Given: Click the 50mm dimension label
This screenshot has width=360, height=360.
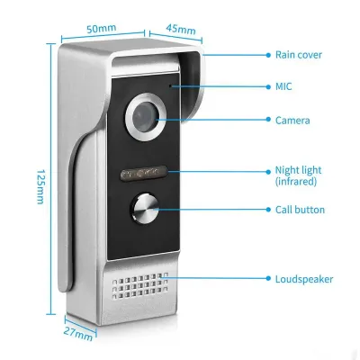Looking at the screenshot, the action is (102, 29).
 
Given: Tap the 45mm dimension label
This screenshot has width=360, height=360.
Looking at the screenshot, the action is (181, 29).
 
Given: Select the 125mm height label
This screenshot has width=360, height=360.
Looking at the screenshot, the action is (40, 187).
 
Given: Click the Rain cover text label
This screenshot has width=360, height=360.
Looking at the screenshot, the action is (299, 55).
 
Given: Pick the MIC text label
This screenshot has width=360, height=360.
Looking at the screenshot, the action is (283, 86).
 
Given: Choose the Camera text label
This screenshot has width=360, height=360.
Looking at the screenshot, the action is (292, 121).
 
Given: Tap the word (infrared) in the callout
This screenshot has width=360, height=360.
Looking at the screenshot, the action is (296, 182).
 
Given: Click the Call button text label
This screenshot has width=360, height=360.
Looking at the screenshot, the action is (300, 210).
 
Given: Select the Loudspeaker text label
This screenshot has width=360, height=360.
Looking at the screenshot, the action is (304, 279).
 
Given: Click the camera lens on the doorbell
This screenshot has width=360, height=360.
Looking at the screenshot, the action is (146, 116).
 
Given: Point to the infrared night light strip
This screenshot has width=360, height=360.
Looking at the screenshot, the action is (143, 173).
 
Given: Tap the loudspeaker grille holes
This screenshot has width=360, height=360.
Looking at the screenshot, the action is (140, 285).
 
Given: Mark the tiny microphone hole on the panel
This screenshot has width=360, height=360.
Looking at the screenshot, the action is (170, 86).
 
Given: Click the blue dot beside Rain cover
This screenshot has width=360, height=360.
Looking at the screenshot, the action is (268, 55).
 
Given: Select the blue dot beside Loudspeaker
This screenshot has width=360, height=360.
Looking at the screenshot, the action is (268, 278).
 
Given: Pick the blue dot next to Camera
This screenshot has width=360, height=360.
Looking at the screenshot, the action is (268, 120).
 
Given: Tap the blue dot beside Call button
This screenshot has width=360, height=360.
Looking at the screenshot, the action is (268, 210).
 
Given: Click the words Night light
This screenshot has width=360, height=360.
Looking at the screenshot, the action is (298, 170).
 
